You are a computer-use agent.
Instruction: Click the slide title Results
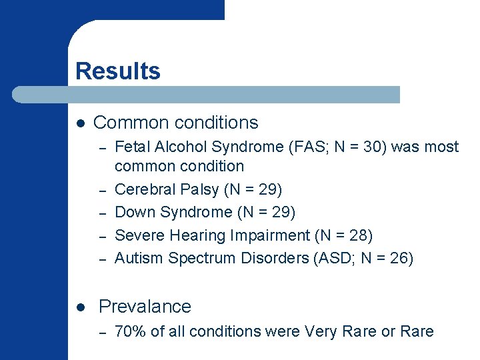(118, 71)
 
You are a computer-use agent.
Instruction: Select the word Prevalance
(145, 307)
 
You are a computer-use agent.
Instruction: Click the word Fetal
(131, 147)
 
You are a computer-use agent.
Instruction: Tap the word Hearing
(193, 235)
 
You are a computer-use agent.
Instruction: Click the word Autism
(139, 258)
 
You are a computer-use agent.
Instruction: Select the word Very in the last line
(320, 331)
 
